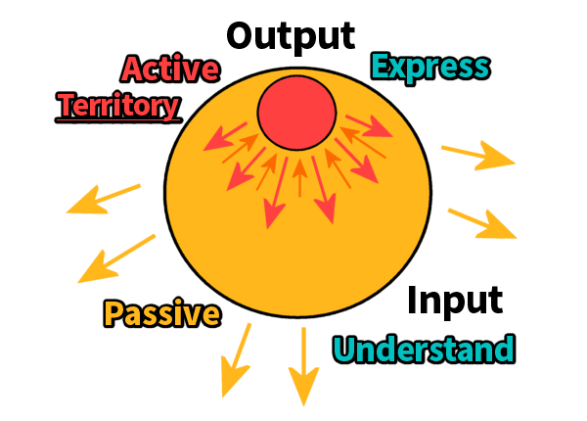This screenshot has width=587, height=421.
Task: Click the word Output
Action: pyautogui.click(x=291, y=35)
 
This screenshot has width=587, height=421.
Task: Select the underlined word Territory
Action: pyautogui.click(x=119, y=104)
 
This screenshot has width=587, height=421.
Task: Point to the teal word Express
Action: pyautogui.click(x=430, y=67)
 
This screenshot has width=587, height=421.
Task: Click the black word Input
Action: pyautogui.click(x=455, y=300)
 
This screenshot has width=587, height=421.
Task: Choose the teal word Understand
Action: pyautogui.click(x=424, y=349)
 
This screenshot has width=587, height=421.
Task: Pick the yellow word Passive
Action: pyautogui.click(x=161, y=314)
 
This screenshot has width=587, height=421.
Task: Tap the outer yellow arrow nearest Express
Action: pyautogui.click(x=478, y=154)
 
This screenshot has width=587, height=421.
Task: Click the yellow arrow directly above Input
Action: pyautogui.click(x=481, y=223)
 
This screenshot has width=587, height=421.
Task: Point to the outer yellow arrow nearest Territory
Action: pyautogui.click(x=102, y=199)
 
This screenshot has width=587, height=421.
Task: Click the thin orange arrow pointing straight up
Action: pyautogui.click(x=299, y=177)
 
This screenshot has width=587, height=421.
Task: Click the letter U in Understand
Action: pyautogui.click(x=345, y=349)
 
